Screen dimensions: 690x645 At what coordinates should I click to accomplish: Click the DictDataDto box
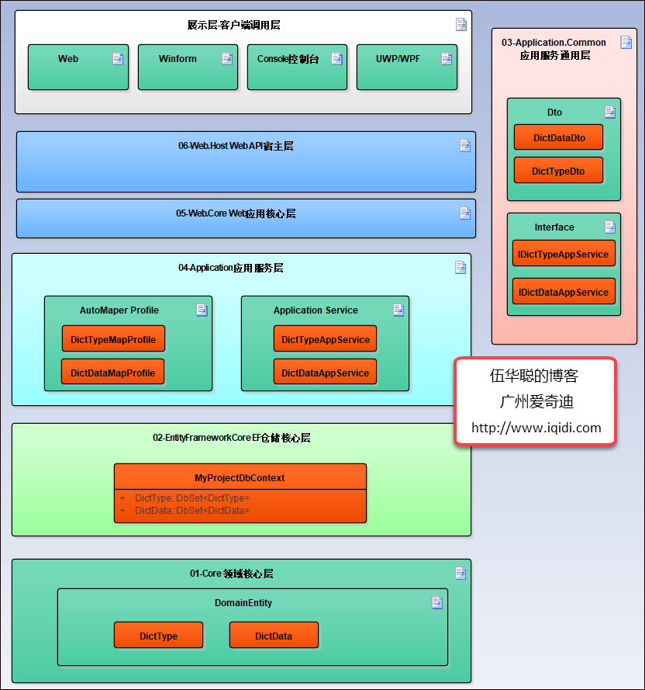[x=558, y=138]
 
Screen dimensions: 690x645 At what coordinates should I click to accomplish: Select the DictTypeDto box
[x=558, y=171]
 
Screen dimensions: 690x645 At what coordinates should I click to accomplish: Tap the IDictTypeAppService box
[x=564, y=254]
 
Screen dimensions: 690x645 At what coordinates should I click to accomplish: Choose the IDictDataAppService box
[x=564, y=292]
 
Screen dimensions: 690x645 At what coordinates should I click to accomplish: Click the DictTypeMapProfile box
[x=113, y=339]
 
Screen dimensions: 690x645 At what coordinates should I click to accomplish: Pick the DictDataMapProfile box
[x=113, y=373]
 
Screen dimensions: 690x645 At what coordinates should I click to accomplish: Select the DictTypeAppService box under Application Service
[x=325, y=339]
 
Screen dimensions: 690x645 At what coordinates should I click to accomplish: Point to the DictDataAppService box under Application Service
[x=325, y=373]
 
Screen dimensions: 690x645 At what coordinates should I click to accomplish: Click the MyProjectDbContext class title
[x=240, y=477]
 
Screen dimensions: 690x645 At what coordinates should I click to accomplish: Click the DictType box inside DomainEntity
[x=158, y=636]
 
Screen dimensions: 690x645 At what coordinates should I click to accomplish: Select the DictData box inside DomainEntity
[x=274, y=636]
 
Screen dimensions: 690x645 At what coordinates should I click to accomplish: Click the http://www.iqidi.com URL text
[x=536, y=428]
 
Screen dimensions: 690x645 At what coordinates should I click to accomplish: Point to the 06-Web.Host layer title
[x=236, y=146]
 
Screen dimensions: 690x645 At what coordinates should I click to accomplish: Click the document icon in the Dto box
[x=610, y=112]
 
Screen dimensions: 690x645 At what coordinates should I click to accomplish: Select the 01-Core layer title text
[x=231, y=574]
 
